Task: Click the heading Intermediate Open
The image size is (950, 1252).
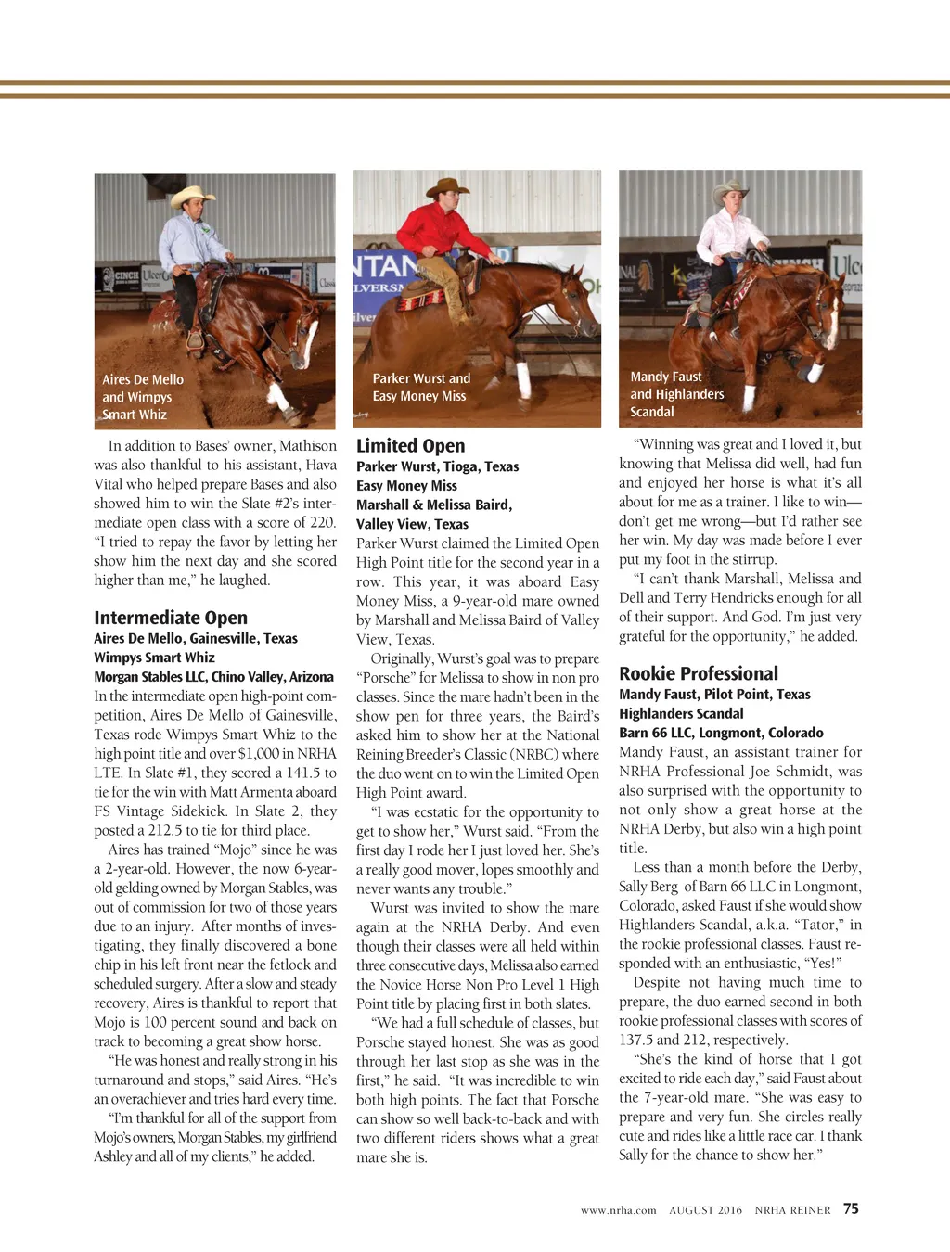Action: pyautogui.click(x=171, y=618)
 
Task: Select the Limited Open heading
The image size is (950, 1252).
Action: pyautogui.click(x=411, y=446)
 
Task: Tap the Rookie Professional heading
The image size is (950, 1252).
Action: pyautogui.click(x=699, y=674)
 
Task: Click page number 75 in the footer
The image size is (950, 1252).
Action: pyautogui.click(x=851, y=1209)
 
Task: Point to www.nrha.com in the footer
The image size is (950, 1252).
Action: pyautogui.click(x=618, y=1210)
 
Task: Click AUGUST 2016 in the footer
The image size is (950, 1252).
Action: pyautogui.click(x=705, y=1210)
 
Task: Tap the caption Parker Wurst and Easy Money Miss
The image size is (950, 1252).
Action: pyautogui.click(x=421, y=388)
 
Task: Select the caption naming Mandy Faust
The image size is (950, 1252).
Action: pyautogui.click(x=676, y=394)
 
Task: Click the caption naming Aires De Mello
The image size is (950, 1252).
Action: pyautogui.click(x=143, y=397)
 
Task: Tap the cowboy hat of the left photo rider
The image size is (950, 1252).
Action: pyautogui.click(x=193, y=196)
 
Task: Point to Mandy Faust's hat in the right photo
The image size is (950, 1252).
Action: pyautogui.click(x=730, y=192)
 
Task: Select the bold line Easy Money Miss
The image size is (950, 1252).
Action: pyautogui.click(x=406, y=486)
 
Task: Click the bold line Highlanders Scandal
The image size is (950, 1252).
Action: pyautogui.click(x=681, y=714)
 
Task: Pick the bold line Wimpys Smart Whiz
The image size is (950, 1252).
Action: pyautogui.click(x=154, y=658)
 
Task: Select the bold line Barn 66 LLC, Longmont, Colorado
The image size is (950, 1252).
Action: pyautogui.click(x=721, y=733)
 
